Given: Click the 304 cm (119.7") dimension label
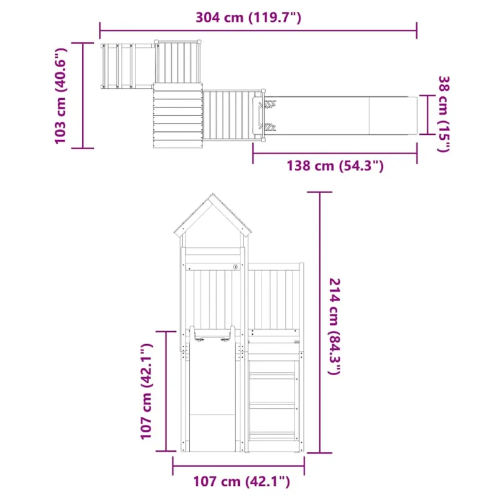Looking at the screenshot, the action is [248, 17].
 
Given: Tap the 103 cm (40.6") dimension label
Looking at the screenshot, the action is [60, 96].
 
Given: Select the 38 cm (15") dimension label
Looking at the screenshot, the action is [444, 114].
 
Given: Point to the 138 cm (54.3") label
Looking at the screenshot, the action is [335, 166].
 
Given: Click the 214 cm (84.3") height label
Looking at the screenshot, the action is [335, 326].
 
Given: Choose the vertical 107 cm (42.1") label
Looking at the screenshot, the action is [146, 391].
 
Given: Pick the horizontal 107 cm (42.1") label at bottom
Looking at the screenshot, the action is [242, 481].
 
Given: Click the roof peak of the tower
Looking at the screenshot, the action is [212, 194].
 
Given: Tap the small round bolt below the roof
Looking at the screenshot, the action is [235, 267].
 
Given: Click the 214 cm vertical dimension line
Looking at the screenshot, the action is [319, 322].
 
